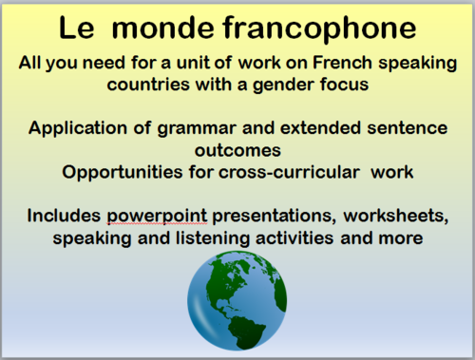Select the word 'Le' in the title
(x=75, y=29)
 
